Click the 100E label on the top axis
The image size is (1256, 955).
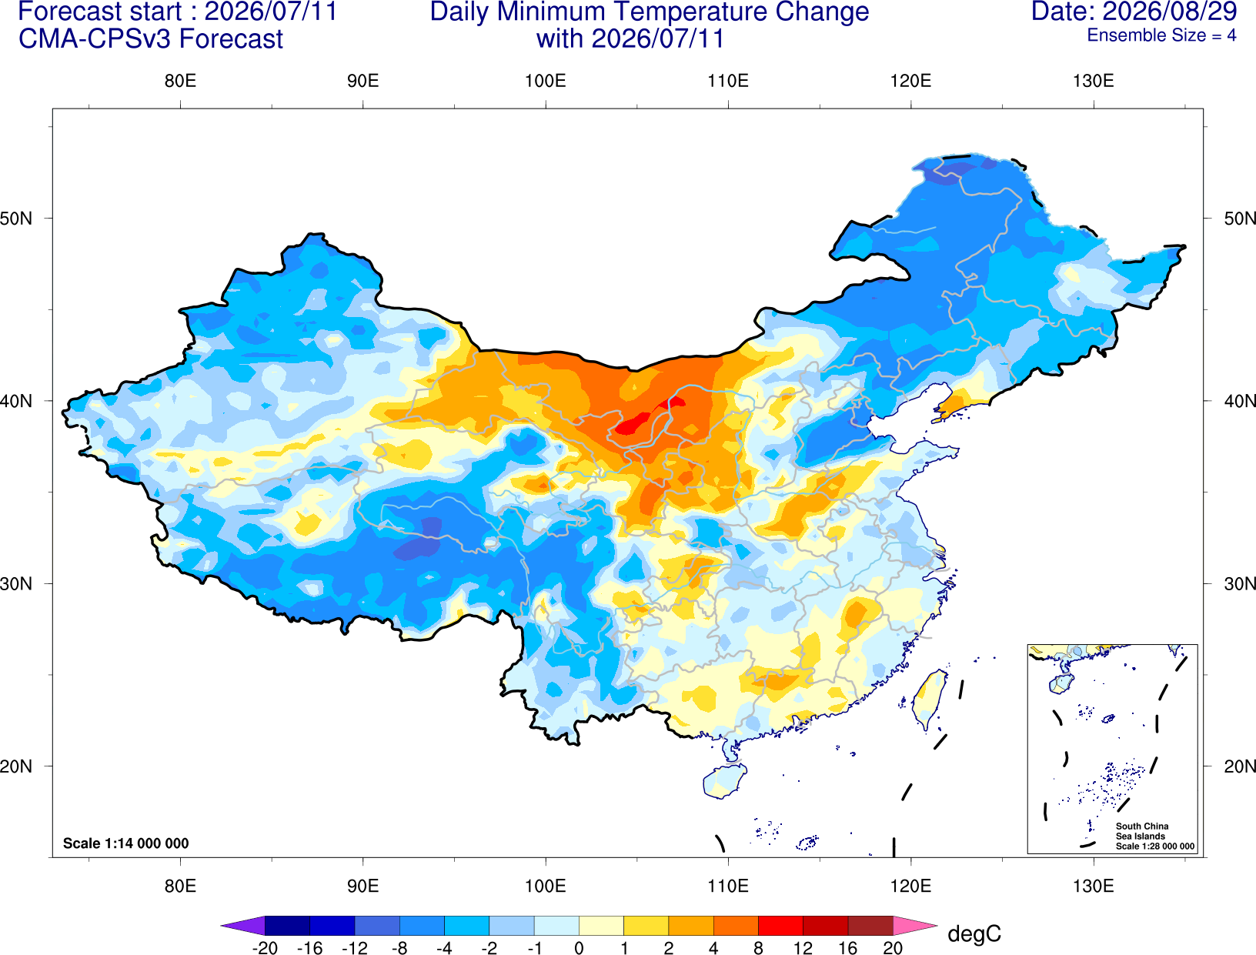coord(546,81)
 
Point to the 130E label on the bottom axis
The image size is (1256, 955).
coord(1093,887)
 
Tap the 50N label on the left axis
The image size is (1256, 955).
coord(16,218)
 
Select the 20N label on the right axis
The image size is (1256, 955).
coord(1240,766)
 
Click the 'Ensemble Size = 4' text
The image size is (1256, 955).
coord(1161,35)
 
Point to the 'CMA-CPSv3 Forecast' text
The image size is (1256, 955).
coord(151,39)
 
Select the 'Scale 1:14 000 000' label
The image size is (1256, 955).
coord(126,843)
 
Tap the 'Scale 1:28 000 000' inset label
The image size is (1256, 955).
coord(1155,846)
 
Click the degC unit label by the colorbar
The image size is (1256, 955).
coord(974,933)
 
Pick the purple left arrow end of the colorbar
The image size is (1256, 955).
coord(243,926)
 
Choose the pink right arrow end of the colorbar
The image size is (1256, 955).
coord(916,926)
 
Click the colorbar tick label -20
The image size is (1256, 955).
coord(265,948)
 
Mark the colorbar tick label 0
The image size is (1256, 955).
coord(579,948)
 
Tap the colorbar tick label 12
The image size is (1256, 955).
coord(803,948)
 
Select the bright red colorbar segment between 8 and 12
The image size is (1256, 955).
coord(780,926)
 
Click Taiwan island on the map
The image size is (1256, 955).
coord(927,699)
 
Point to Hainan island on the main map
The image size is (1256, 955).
coord(724,780)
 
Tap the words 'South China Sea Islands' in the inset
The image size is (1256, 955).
coord(1142,831)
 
